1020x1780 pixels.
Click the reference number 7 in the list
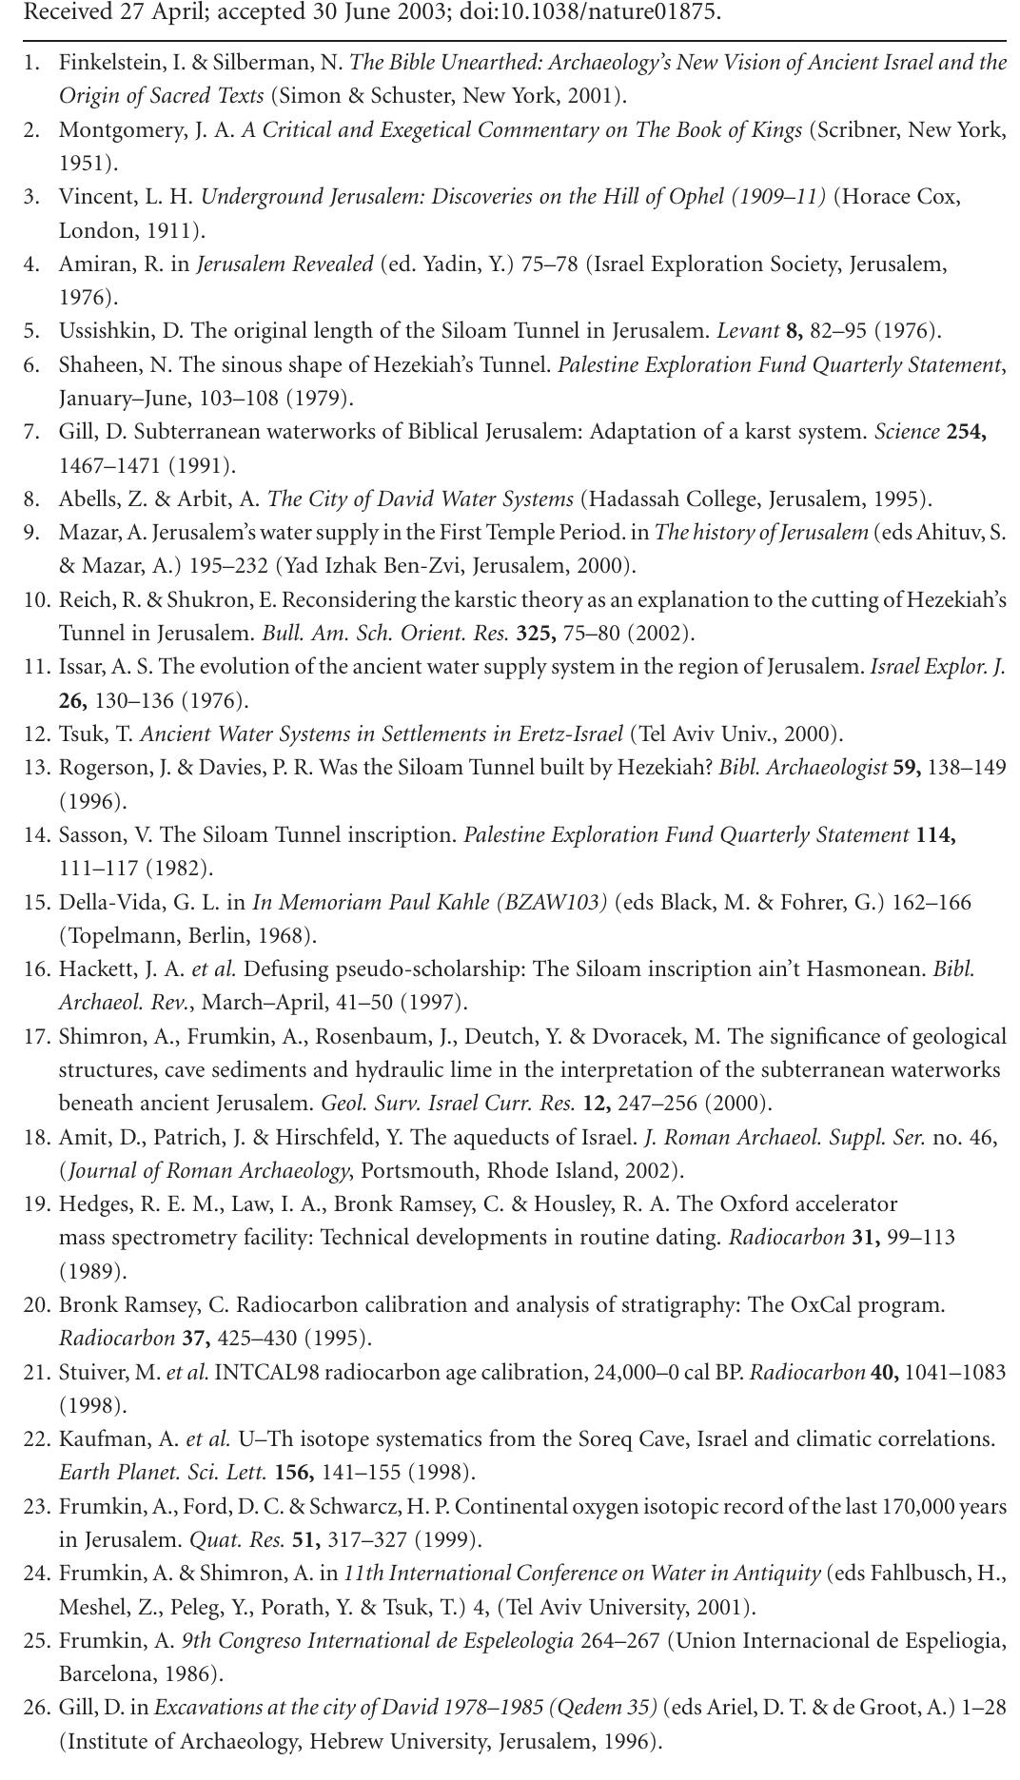(x=31, y=432)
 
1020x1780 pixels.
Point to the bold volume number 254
(x=966, y=432)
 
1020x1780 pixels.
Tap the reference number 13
(x=36, y=768)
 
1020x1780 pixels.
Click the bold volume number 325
(x=536, y=634)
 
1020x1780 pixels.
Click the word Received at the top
(x=62, y=12)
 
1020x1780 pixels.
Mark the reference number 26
(x=36, y=1708)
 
